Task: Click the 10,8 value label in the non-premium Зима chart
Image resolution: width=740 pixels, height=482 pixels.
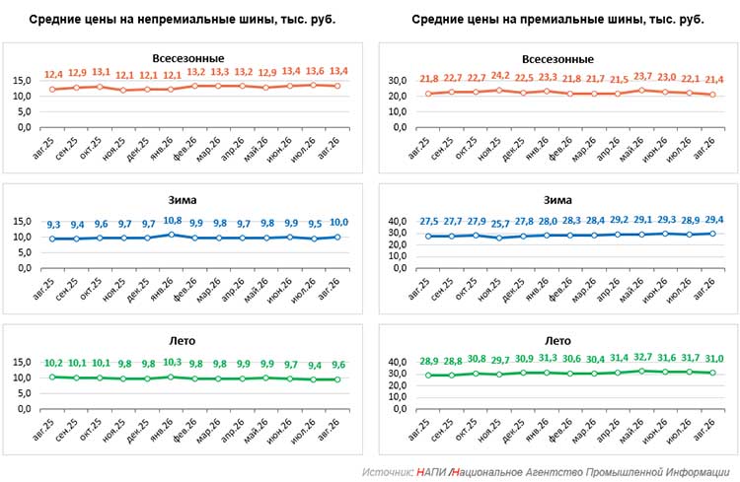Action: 173,220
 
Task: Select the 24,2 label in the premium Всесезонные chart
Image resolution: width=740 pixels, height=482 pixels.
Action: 500,76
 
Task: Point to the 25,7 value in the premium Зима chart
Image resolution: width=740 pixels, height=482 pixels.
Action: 500,223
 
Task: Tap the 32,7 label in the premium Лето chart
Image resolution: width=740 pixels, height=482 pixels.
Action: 642,357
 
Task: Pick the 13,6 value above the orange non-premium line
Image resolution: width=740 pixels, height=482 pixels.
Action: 315,71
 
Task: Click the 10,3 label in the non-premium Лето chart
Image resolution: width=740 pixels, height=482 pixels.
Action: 173,362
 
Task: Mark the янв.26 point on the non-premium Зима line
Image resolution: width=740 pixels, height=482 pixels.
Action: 172,235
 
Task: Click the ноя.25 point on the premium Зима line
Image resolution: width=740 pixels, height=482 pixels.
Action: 500,239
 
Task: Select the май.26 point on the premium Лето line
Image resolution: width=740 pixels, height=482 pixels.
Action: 642,372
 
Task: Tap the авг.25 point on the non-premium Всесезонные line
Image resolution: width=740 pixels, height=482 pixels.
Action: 52,89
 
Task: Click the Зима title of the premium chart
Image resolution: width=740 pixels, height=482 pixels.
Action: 557,200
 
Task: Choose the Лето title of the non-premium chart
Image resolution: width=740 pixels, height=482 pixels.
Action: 183,340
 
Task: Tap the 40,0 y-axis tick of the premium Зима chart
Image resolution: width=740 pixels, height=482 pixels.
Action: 398,221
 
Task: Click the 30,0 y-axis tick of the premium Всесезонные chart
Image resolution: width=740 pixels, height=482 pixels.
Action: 398,81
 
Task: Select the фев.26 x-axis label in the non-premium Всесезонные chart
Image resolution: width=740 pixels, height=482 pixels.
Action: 185,148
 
